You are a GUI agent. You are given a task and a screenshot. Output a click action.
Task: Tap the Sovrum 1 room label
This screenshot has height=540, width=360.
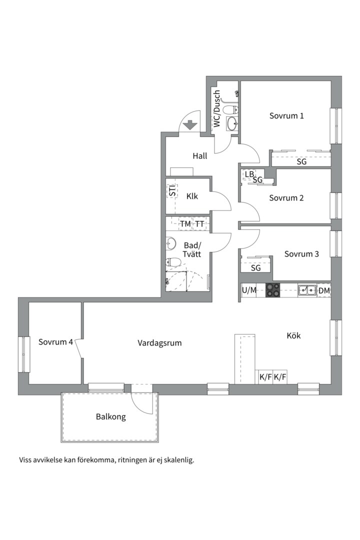click(x=286, y=115)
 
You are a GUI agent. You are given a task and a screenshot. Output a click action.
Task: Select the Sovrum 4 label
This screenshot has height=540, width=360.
click(x=55, y=342)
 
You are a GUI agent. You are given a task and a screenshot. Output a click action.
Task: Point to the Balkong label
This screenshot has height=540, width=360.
click(x=110, y=416)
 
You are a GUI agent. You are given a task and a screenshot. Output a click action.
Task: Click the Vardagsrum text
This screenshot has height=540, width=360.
click(x=159, y=343)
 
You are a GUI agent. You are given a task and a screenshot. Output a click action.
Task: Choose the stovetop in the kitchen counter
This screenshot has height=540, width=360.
click(x=272, y=290)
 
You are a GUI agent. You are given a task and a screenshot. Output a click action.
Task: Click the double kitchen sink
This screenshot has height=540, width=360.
click(x=307, y=290)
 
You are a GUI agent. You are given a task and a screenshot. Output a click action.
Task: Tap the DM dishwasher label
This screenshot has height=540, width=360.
click(x=324, y=290)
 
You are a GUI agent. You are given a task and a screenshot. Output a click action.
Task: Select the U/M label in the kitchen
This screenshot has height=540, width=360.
click(x=249, y=290)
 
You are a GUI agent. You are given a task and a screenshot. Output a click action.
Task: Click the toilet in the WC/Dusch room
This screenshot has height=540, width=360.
click(x=230, y=110)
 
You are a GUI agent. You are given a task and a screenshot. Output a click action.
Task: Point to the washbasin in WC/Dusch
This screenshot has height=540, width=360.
click(x=232, y=123)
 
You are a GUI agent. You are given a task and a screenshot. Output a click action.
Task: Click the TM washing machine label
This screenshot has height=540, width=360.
click(x=185, y=224)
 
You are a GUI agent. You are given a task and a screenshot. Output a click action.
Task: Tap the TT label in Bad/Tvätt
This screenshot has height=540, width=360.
click(x=200, y=224)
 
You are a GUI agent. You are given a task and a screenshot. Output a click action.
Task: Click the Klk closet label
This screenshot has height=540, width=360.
click(x=192, y=196)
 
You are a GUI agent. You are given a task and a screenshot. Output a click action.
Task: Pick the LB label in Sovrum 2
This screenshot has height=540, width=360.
click(x=249, y=174)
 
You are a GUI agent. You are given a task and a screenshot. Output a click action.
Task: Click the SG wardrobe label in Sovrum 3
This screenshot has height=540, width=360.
click(x=255, y=268)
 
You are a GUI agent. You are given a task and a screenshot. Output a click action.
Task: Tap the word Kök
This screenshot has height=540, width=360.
click(x=293, y=335)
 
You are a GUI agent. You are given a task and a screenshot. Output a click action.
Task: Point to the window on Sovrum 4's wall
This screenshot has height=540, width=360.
click(x=23, y=354)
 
